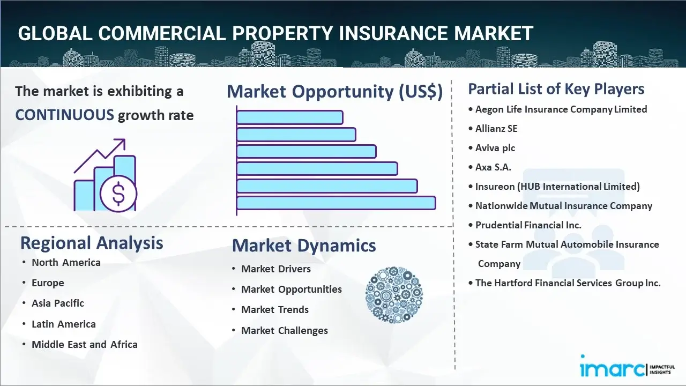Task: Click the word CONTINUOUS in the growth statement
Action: (x=65, y=115)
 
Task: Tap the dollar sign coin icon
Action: (x=118, y=194)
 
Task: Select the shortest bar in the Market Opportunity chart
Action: (x=290, y=117)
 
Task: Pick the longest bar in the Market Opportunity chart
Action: (x=336, y=203)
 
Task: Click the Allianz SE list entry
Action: (x=496, y=129)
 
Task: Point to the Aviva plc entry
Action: (x=495, y=148)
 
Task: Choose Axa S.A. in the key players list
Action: (x=493, y=167)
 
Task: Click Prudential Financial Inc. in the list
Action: (x=528, y=225)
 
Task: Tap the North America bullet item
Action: (x=66, y=263)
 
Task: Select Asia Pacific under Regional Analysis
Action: (x=58, y=303)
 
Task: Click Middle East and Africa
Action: (x=85, y=344)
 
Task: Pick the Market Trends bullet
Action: (x=275, y=310)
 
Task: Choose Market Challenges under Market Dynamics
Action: (x=285, y=331)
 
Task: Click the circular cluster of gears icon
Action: (x=394, y=295)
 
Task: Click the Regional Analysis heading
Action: (x=92, y=243)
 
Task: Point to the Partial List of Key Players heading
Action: (x=556, y=89)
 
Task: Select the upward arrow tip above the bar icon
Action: (x=124, y=140)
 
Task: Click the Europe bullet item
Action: (x=48, y=283)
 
